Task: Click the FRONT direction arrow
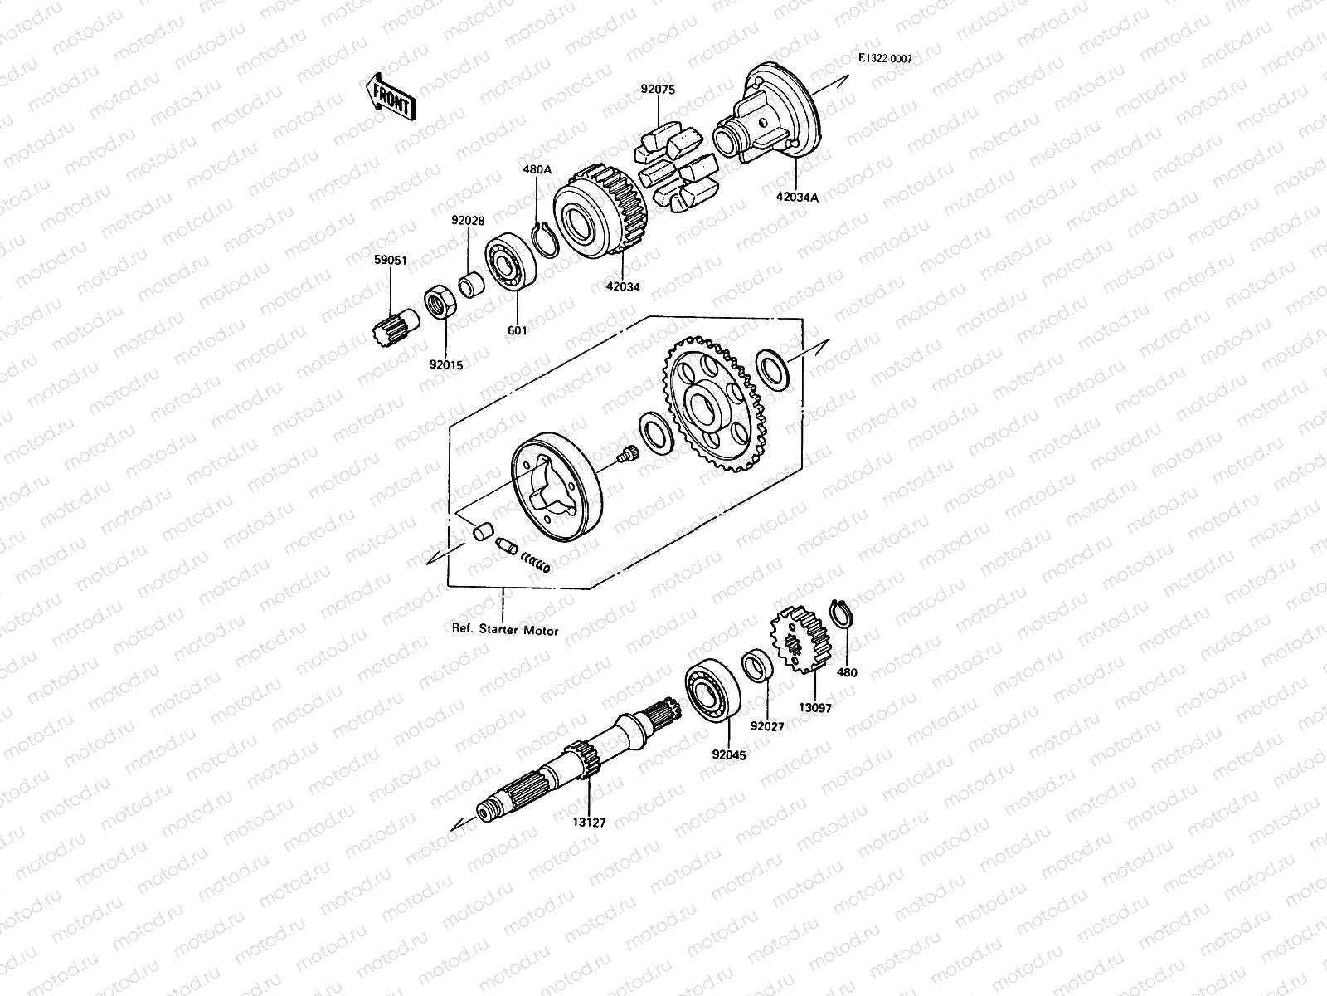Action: click(x=389, y=95)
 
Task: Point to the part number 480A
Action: click(x=537, y=169)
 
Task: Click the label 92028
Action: click(x=468, y=221)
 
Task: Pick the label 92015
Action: click(x=446, y=364)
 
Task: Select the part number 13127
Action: click(x=589, y=823)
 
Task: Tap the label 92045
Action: click(x=728, y=756)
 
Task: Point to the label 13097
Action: click(x=814, y=708)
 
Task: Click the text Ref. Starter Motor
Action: click(x=504, y=630)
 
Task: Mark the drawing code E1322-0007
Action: click(x=885, y=59)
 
